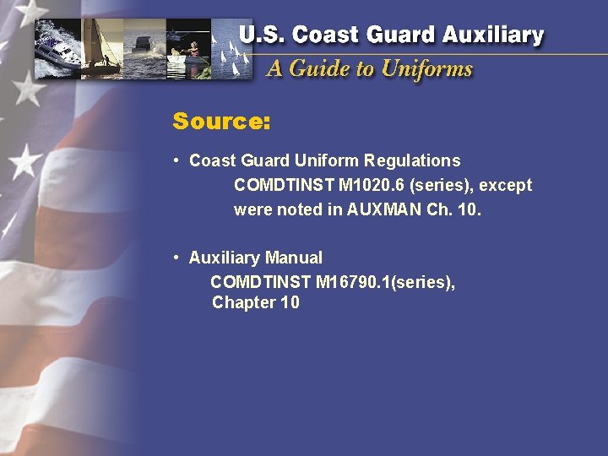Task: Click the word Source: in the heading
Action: (221, 122)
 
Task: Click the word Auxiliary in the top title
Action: (493, 35)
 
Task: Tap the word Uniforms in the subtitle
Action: (426, 68)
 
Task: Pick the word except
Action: (506, 185)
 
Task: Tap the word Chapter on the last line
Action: (239, 302)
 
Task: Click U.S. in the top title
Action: (260, 35)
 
